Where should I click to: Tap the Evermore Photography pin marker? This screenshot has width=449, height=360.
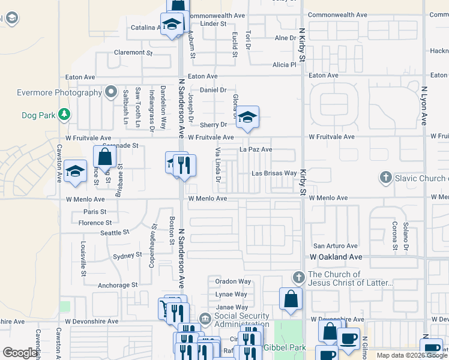(110, 92)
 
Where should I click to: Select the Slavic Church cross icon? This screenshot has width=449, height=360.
(385, 178)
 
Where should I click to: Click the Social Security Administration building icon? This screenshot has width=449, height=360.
(205, 318)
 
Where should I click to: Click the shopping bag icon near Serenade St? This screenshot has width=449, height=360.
(104, 157)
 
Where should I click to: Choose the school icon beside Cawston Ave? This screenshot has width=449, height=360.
(75, 171)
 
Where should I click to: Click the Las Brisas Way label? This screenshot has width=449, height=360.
(274, 173)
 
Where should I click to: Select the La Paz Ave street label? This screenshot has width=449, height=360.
(256, 149)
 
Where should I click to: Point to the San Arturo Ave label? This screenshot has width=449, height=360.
(336, 246)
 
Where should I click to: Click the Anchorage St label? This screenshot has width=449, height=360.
(118, 285)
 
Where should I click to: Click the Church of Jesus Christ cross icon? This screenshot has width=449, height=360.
(298, 277)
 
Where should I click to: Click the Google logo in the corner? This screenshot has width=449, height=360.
(20, 353)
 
